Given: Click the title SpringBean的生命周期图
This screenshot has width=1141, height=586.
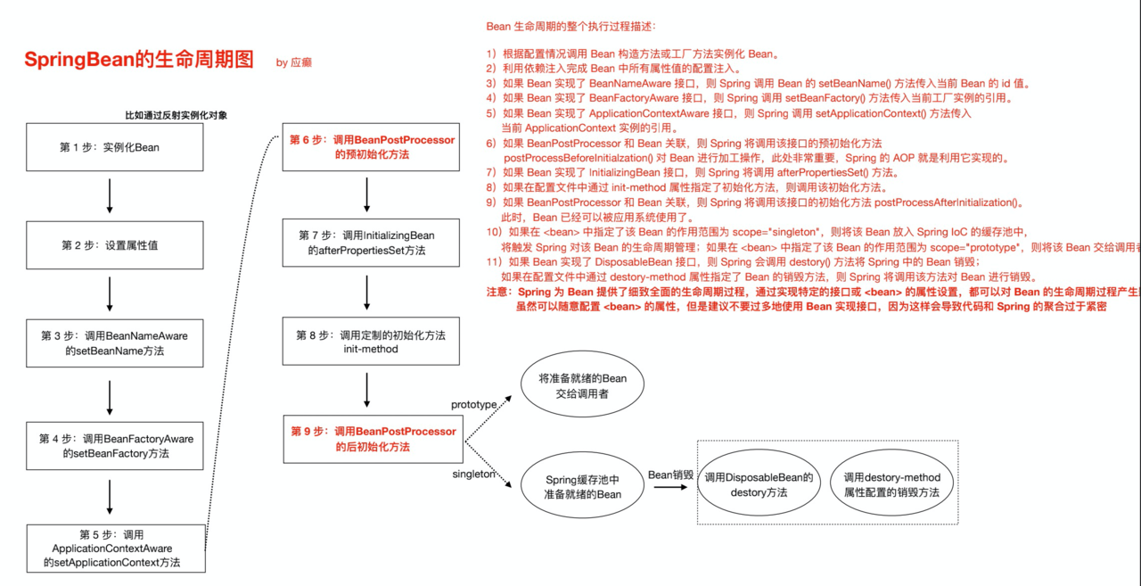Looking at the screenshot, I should coord(138,60).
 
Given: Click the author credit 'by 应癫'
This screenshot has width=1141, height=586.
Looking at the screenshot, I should coord(294,62).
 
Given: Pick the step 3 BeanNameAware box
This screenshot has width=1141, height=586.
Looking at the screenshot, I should coord(115,343).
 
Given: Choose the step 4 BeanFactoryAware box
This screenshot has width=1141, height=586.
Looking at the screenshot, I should coord(115,446).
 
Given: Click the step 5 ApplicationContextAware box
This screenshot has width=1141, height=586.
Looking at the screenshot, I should coord(115,548).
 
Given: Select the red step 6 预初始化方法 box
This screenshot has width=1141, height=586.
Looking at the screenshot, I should coord(372,147).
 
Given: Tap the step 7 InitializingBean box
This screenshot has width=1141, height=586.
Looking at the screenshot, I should coord(372,243).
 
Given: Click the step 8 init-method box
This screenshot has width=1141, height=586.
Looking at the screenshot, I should coord(372,342).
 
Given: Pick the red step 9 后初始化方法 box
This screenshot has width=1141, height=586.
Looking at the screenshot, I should coord(372,439).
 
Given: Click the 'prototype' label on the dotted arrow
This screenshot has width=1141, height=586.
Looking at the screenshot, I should coord(473,405).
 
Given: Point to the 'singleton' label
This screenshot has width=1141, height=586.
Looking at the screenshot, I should coord(473,475).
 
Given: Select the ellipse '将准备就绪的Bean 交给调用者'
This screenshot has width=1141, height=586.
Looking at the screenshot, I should coord(582,385).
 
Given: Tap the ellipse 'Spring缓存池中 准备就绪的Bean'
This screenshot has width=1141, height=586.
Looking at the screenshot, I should coord(582,487).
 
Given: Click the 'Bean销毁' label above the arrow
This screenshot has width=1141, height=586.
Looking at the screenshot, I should coord(670,475).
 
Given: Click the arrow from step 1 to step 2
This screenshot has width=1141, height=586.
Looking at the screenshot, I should coord(110,196).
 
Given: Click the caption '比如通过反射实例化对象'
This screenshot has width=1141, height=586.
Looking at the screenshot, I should coord(176,115).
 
